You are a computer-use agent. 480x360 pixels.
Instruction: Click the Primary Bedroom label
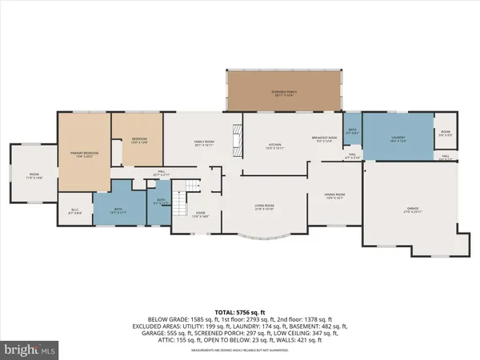[x=83, y=157]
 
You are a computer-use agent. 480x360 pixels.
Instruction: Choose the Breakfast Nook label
[x=327, y=139]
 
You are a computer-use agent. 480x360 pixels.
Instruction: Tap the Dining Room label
[x=334, y=195]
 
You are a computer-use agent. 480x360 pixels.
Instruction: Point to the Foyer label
[x=200, y=214]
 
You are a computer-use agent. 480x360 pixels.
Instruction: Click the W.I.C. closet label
[x=74, y=211]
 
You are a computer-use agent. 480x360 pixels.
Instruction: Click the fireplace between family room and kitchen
[x=237, y=140]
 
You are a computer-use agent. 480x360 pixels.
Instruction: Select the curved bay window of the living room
[x=264, y=238]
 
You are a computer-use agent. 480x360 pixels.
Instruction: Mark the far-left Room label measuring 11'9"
[x=34, y=176]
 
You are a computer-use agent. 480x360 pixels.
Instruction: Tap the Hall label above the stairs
[x=158, y=173]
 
